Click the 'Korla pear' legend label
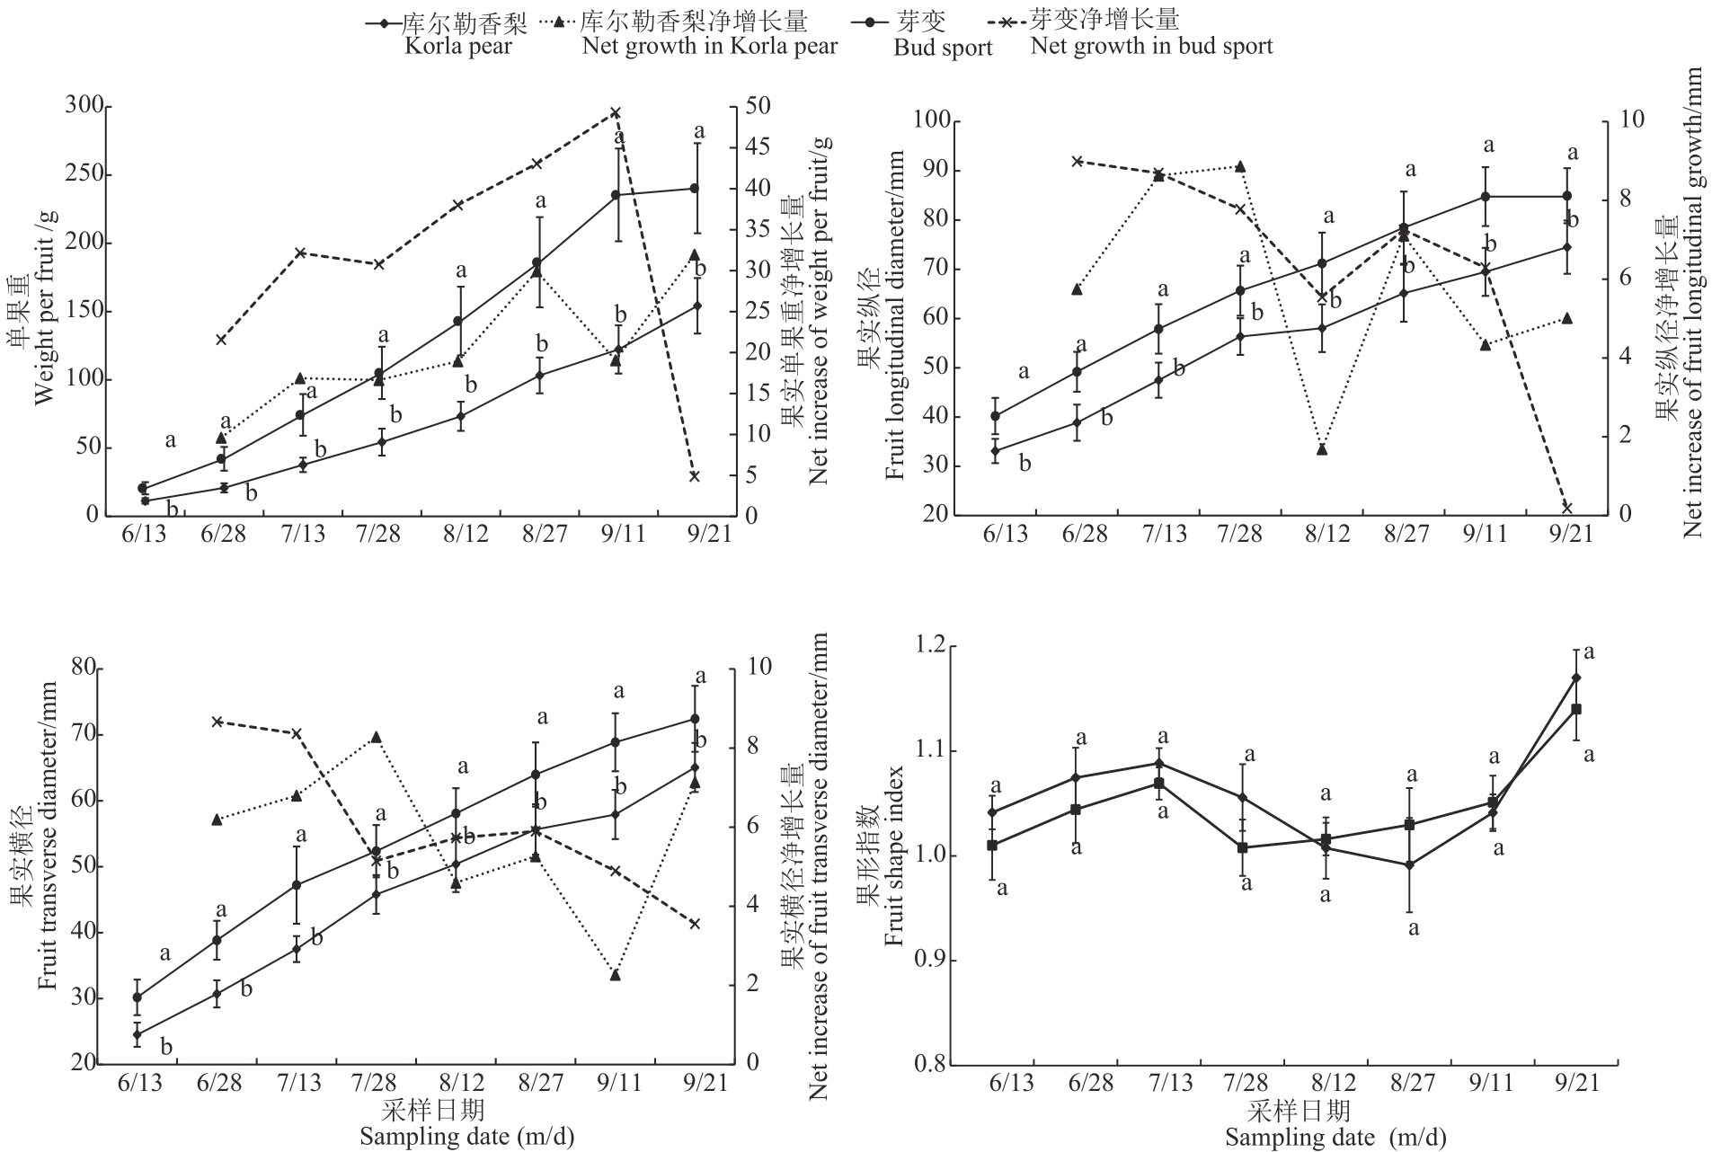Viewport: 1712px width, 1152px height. point(457,47)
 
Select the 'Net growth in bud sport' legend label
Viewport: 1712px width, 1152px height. point(1151,47)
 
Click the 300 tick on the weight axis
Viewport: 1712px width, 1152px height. point(84,107)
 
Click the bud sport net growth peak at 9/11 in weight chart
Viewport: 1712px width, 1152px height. point(616,113)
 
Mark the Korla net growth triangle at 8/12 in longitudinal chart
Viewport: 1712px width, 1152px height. point(1322,449)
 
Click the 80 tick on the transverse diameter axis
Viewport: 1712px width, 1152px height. point(83,668)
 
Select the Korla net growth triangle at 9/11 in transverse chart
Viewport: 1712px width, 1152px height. point(616,975)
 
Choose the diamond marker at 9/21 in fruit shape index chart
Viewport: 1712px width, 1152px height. point(1575,678)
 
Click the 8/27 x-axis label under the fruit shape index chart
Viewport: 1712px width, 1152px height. point(1407,1083)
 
